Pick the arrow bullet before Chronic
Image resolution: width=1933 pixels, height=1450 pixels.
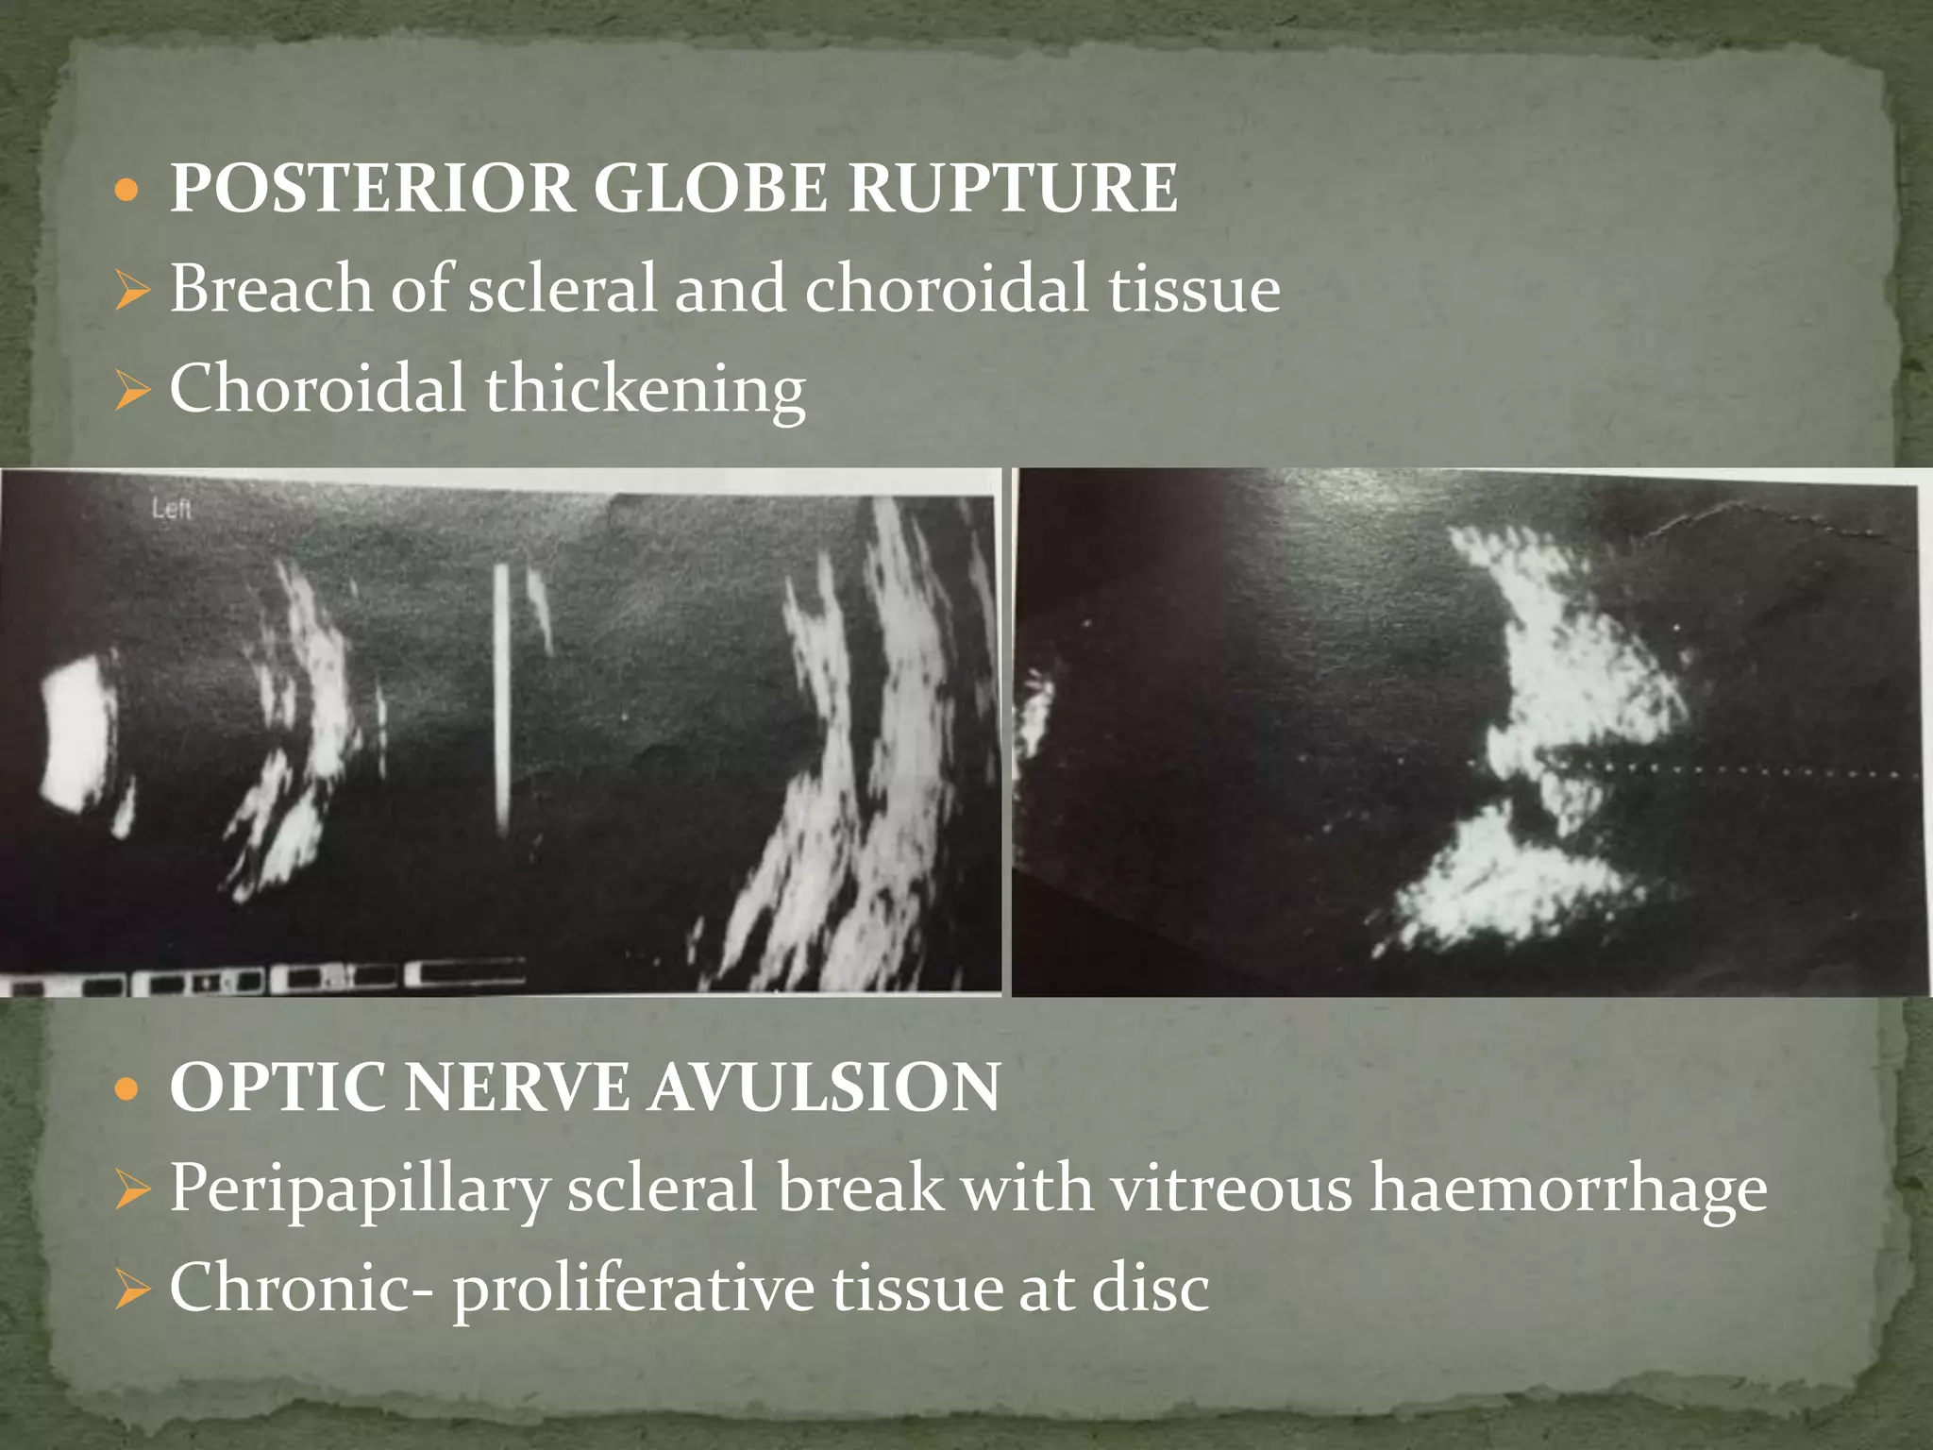[132, 1290]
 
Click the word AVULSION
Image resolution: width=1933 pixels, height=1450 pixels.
[825, 1087]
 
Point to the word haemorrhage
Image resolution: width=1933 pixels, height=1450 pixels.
[1568, 1188]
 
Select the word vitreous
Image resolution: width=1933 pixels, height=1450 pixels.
[1232, 1188]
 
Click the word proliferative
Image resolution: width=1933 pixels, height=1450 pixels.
[632, 1289]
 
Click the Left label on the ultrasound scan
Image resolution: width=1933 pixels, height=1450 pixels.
[172, 510]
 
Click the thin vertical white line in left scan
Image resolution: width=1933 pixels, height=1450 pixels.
[501, 699]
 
